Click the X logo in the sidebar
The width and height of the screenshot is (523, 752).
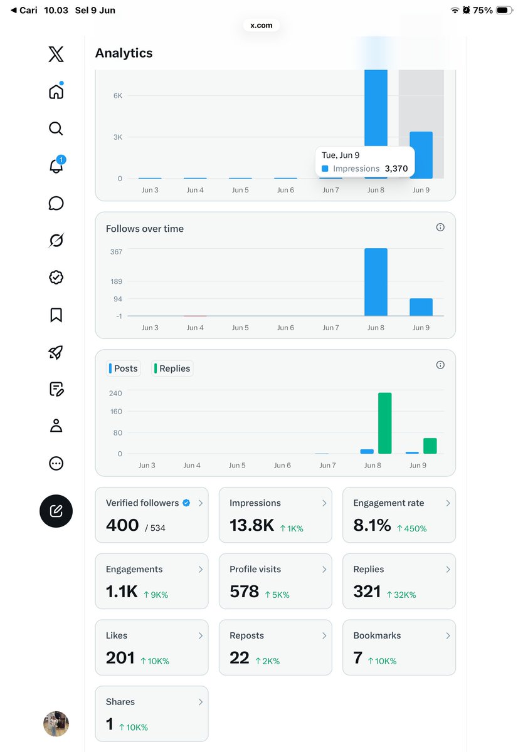[56, 54]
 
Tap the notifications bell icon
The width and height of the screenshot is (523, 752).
[56, 165]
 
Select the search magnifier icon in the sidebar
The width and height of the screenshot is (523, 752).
[56, 128]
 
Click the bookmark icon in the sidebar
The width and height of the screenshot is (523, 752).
[56, 315]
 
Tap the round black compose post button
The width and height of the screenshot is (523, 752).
[56, 511]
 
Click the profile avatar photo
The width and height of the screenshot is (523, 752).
[56, 723]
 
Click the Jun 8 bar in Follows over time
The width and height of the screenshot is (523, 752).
[376, 282]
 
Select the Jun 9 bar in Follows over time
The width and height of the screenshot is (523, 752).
[421, 307]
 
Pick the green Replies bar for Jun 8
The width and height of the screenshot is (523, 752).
[384, 423]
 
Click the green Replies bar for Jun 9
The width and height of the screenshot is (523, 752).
[430, 446]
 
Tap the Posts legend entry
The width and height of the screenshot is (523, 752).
[124, 368]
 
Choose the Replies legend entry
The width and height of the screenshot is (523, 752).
[172, 368]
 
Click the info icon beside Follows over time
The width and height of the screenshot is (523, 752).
[440, 227]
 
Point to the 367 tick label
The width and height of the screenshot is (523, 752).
[116, 252]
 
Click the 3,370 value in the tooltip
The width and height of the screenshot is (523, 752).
[396, 169]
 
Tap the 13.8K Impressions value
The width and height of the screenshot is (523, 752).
[251, 525]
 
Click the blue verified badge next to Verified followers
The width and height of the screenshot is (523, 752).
[186, 503]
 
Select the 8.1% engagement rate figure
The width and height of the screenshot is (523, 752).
[372, 525]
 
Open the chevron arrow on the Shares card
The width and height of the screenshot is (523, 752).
[201, 702]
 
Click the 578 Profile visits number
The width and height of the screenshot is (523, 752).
[244, 591]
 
